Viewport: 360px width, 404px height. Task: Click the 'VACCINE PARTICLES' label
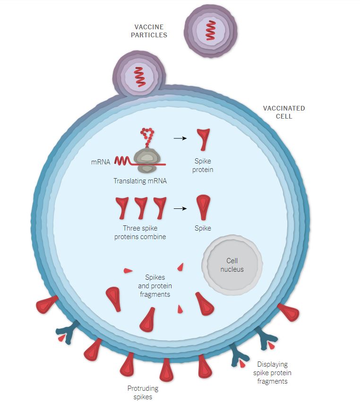point(149,31)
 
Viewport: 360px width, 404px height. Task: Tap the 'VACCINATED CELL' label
point(284,112)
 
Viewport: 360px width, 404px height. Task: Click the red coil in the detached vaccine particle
point(211,30)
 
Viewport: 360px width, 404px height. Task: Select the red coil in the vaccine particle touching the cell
point(140,77)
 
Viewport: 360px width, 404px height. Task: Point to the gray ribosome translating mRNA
point(146,161)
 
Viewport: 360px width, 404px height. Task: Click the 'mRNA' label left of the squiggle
point(101,162)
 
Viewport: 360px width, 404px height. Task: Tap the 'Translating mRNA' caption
point(140,181)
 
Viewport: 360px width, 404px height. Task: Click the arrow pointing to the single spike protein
point(180,138)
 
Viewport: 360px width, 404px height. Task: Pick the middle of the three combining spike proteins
point(141,208)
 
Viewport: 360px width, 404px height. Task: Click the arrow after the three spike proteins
point(180,208)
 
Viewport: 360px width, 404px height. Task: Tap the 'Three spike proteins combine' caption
point(140,232)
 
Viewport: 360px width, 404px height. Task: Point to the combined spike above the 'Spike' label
point(203,207)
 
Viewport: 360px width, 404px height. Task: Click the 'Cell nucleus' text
point(232,265)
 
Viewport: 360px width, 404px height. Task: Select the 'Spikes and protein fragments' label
point(155,286)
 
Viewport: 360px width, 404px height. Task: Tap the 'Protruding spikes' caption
point(143,392)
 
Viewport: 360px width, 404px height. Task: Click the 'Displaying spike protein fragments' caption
point(273,373)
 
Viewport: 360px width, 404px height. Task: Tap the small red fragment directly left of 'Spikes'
point(128,271)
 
